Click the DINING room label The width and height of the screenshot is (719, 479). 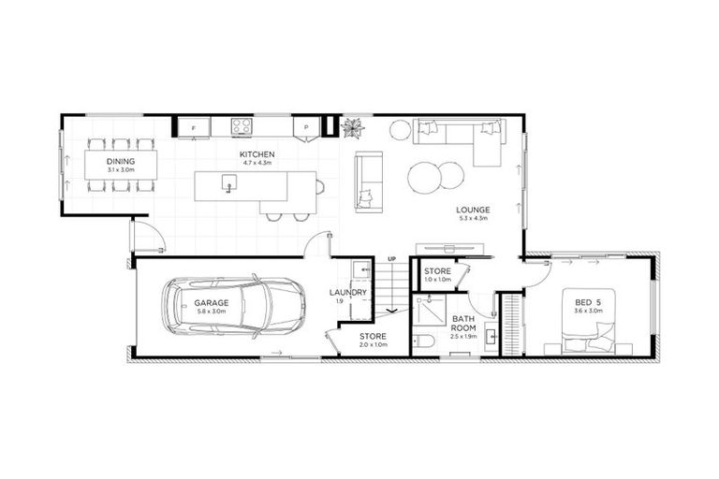[x=121, y=161]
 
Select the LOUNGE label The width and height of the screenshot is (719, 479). [x=473, y=210]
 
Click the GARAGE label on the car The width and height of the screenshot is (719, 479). [x=213, y=302]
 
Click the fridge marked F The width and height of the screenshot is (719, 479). [x=193, y=126]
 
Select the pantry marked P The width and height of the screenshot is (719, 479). [x=305, y=126]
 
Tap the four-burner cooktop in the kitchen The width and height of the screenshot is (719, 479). [x=241, y=126]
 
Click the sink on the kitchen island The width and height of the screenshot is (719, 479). [x=228, y=187]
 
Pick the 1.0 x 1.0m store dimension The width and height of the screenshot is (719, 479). [x=437, y=280]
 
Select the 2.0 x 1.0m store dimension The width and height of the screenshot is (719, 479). [x=374, y=344]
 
